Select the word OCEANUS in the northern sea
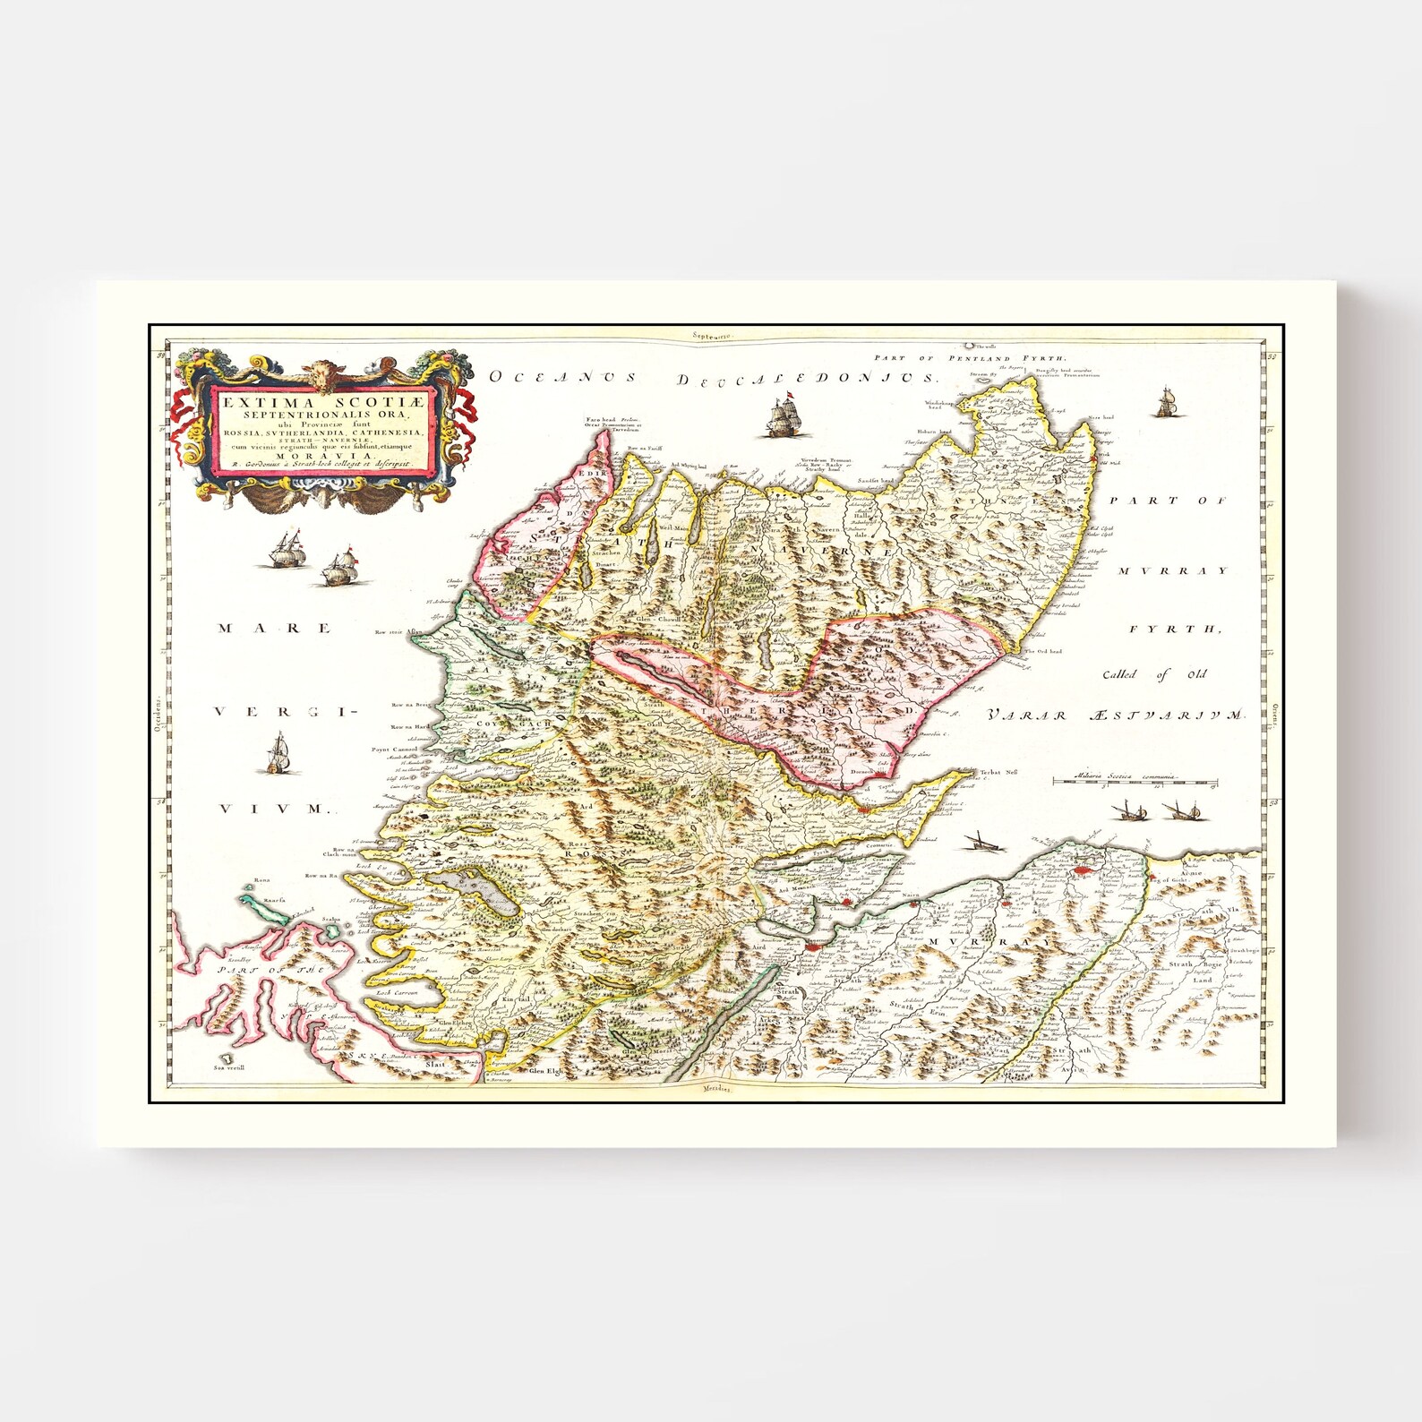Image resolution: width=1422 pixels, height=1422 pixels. point(562,377)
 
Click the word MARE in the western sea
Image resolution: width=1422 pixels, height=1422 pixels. point(274,629)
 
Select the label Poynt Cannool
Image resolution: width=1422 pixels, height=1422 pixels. point(394,749)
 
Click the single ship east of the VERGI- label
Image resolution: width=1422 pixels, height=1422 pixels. point(279,753)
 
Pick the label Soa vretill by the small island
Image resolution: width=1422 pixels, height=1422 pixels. point(229,1067)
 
